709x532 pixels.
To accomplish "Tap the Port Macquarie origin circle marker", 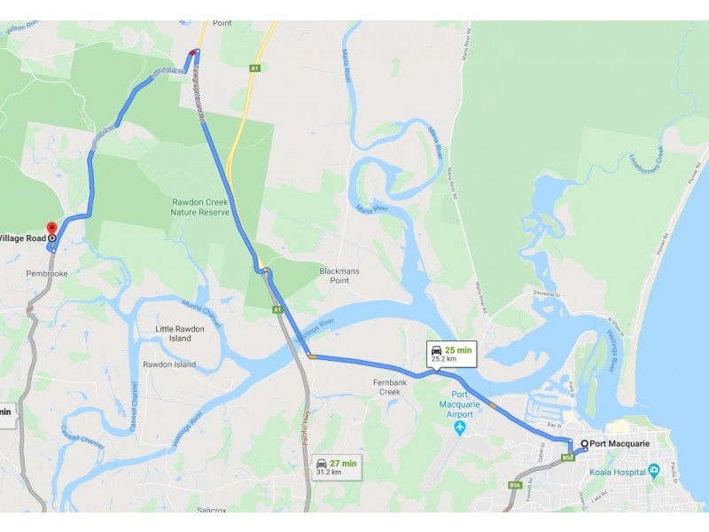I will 584,443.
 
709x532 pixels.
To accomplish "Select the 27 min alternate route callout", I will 336,466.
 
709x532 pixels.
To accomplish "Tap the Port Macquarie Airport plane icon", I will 459,429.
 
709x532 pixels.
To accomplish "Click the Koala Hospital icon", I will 654,469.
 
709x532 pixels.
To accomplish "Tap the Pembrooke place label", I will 47,274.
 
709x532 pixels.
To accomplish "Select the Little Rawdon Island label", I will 174,333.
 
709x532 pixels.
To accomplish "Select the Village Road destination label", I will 22,238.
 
